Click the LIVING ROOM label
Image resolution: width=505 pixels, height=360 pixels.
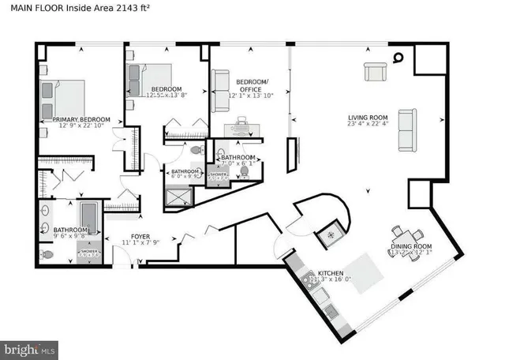click(368, 121)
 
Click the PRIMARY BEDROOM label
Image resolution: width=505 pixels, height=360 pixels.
click(81, 121)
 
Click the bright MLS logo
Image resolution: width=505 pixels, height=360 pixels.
click(30, 347)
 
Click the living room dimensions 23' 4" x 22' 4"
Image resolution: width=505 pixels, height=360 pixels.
click(368, 129)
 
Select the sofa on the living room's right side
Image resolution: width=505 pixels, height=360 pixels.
click(409, 130)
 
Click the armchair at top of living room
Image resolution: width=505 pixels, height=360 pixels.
click(375, 73)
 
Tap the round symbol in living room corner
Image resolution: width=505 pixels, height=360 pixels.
click(399, 56)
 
